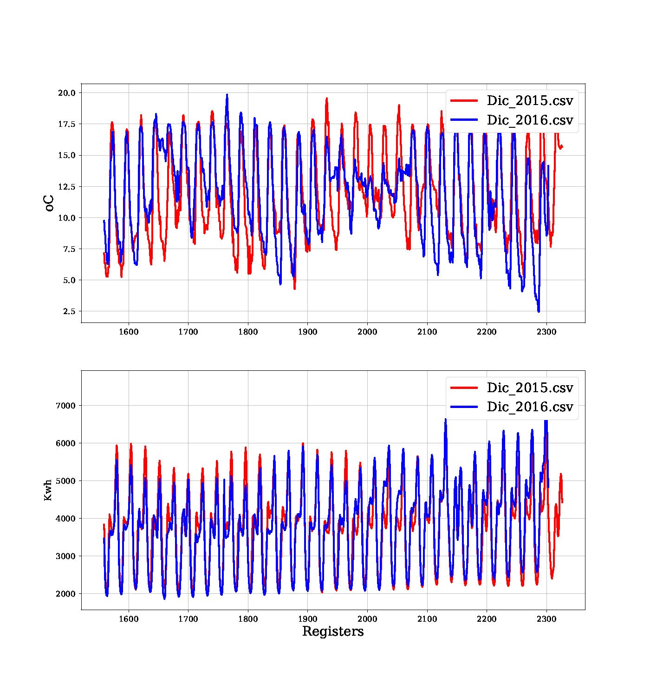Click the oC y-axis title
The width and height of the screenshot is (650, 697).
(49, 203)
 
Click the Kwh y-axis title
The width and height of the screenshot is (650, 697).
(48, 490)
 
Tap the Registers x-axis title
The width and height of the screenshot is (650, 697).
(333, 631)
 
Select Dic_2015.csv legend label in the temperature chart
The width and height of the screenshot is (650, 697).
(530, 100)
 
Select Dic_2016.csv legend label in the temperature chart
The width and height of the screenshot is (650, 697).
(530, 120)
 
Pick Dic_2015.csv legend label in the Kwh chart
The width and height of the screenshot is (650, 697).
(530, 388)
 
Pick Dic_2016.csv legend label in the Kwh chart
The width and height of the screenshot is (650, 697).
(530, 407)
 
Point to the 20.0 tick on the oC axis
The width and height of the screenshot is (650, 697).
(66, 93)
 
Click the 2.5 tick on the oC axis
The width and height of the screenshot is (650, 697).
(69, 311)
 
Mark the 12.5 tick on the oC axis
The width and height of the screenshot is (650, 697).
(66, 187)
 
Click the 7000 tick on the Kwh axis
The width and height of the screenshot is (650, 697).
(65, 406)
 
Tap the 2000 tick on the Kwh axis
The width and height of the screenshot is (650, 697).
(65, 594)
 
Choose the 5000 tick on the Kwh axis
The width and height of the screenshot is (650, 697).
(65, 481)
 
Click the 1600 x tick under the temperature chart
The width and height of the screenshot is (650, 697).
(129, 332)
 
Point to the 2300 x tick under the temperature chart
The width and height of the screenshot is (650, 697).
(546, 332)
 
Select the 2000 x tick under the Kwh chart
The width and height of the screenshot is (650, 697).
(367, 619)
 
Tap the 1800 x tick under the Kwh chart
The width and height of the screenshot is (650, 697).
(248, 619)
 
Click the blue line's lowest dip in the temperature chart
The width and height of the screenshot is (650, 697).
(539, 311)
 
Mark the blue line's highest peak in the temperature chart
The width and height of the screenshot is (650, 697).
(227, 95)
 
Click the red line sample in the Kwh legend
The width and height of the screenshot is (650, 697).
(464, 388)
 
